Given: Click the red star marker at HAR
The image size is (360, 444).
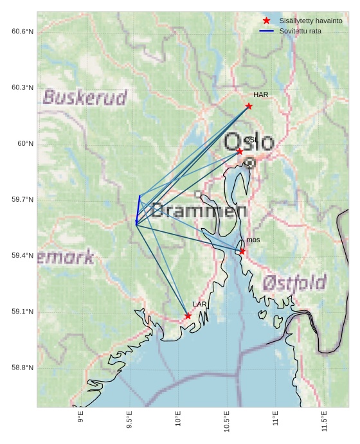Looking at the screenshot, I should click(x=249, y=106).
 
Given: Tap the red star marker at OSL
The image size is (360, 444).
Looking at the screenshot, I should click(x=240, y=152).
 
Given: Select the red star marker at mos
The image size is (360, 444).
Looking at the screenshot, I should click(x=242, y=251).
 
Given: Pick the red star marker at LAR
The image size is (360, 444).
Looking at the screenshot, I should click(x=188, y=316).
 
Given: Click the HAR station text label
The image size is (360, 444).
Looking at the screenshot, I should click(x=260, y=95).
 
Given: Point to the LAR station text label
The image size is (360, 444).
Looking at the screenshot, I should click(x=200, y=305).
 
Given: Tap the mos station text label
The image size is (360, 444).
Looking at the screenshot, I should click(x=253, y=240).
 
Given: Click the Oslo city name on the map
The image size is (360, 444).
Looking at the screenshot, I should click(x=249, y=142).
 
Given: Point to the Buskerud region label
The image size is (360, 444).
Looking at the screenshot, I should click(x=85, y=98).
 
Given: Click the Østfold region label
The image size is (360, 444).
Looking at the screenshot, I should click(x=294, y=282).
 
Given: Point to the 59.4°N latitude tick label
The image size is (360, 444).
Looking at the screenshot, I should click(x=22, y=256).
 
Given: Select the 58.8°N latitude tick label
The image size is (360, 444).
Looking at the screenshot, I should click(x=22, y=368).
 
